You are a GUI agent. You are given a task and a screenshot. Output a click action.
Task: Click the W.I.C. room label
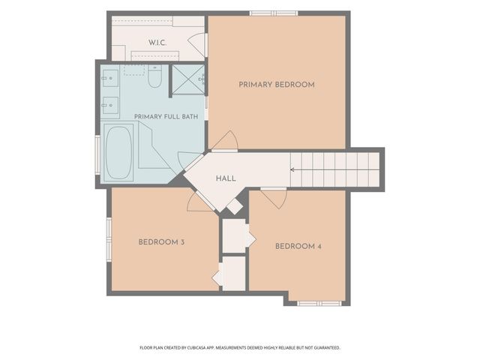[157, 43]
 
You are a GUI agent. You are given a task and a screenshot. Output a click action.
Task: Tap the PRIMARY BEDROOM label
[277, 85]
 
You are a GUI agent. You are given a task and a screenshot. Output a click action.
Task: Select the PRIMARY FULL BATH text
[166, 117]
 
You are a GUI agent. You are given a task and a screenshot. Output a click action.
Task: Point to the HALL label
[226, 178]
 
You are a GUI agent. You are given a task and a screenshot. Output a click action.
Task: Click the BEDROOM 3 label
[161, 242]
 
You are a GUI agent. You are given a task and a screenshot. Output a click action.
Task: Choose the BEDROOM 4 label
[298, 247]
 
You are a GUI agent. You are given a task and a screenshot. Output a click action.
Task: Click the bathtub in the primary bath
[118, 153]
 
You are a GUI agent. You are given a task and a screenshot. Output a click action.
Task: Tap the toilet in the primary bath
[154, 76]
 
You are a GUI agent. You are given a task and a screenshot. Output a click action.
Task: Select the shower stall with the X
[187, 79]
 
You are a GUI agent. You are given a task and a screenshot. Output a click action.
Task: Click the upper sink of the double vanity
[110, 78]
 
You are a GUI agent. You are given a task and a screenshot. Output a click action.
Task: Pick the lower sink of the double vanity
[110, 105]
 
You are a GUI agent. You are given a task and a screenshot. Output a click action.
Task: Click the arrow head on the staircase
[292, 169]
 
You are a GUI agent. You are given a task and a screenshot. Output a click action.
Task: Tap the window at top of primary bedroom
[274, 13]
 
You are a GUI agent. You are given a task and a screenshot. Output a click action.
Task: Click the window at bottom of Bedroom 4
[319, 304]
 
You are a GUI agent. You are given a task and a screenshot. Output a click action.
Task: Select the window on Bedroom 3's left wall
[109, 239]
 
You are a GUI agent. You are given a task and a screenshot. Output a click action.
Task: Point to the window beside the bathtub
[97, 156]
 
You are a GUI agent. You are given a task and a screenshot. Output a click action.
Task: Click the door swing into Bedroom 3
[199, 202]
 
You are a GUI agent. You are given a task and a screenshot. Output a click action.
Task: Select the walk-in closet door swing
[196, 44]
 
